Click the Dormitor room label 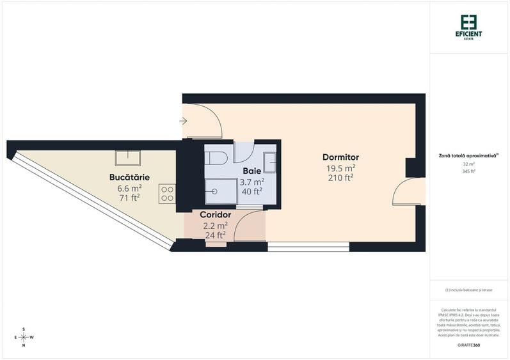[340, 157]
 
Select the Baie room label [251, 171]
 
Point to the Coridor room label [215, 215]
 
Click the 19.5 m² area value [340, 168]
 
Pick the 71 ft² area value [129, 198]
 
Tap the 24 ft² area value [215, 235]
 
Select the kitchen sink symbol [128, 157]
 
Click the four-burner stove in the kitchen [168, 194]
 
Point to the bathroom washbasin [271, 163]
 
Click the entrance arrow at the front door [183, 120]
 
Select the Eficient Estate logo [469, 27]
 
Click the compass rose [24, 337]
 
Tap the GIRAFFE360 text [469, 345]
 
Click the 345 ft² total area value [469, 171]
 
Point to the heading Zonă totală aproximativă [468, 155]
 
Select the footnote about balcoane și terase [469, 290]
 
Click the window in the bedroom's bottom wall [308, 246]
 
